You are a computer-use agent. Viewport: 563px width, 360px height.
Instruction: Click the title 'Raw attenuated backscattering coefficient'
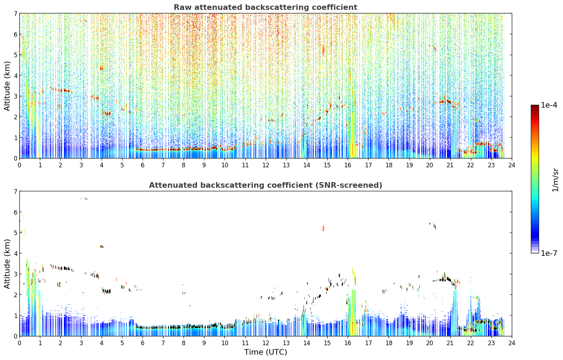[x=265, y=7]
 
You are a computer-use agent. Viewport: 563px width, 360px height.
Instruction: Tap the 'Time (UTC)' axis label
[x=265, y=352]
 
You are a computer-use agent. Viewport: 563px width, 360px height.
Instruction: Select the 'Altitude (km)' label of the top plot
[x=7, y=86]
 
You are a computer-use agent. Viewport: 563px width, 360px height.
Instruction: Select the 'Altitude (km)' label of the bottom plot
[x=7, y=264]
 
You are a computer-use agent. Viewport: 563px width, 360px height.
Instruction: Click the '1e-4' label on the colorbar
[x=549, y=105]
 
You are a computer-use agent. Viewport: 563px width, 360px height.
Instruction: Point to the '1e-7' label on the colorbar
[x=549, y=253]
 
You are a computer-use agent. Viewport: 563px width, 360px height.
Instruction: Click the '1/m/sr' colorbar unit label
[x=555, y=180]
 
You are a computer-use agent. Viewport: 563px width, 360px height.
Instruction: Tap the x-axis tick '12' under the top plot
[x=266, y=165]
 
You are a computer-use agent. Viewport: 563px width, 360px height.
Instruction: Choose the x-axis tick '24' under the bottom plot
[x=512, y=343]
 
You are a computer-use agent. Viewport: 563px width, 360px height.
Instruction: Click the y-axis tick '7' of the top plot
[x=15, y=13]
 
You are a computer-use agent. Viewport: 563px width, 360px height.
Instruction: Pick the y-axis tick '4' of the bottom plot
[x=15, y=253]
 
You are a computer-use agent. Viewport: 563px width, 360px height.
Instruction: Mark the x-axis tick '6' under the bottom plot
[x=143, y=343]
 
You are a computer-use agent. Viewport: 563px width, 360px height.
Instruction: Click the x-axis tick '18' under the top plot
[x=389, y=165]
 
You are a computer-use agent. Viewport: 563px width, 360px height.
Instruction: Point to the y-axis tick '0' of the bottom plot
[x=15, y=336]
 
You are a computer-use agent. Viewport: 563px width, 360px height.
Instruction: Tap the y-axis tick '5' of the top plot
[x=15, y=55]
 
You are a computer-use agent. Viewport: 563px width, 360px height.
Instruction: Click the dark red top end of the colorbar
[x=535, y=106]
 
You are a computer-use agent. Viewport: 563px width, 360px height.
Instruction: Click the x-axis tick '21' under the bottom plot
[x=450, y=343]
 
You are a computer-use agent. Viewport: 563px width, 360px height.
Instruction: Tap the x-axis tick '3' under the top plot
[x=81, y=165]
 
